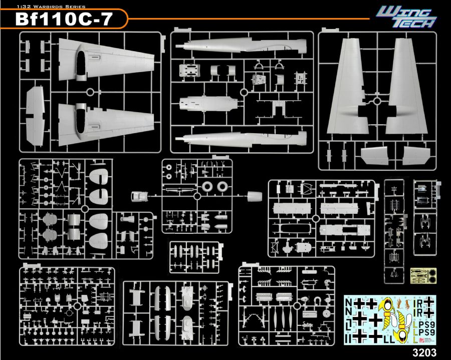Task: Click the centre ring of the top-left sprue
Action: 90,92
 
